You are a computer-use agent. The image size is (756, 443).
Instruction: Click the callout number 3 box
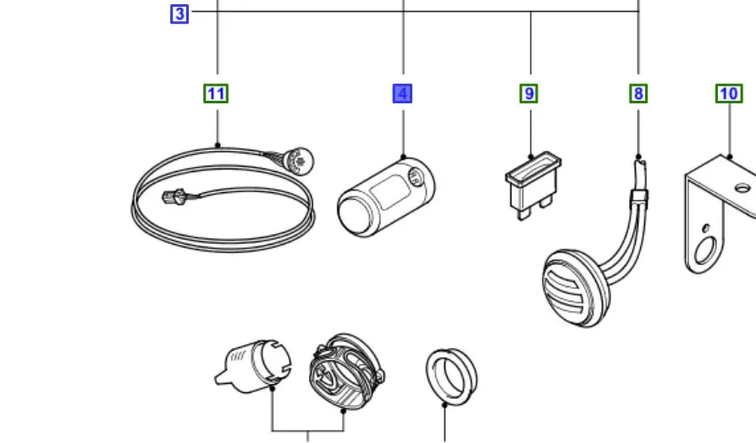179,14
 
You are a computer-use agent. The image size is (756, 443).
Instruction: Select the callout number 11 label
216,93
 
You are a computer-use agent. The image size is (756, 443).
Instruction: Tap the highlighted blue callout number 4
402,93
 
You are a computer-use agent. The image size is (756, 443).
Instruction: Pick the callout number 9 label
529,93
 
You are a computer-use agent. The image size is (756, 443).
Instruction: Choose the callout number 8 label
638,93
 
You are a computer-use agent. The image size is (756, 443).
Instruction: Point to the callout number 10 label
728,93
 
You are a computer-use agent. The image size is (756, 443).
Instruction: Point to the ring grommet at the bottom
450,374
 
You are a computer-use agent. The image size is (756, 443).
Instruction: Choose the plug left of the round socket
253,365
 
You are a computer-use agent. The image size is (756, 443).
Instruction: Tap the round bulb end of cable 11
301,158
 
